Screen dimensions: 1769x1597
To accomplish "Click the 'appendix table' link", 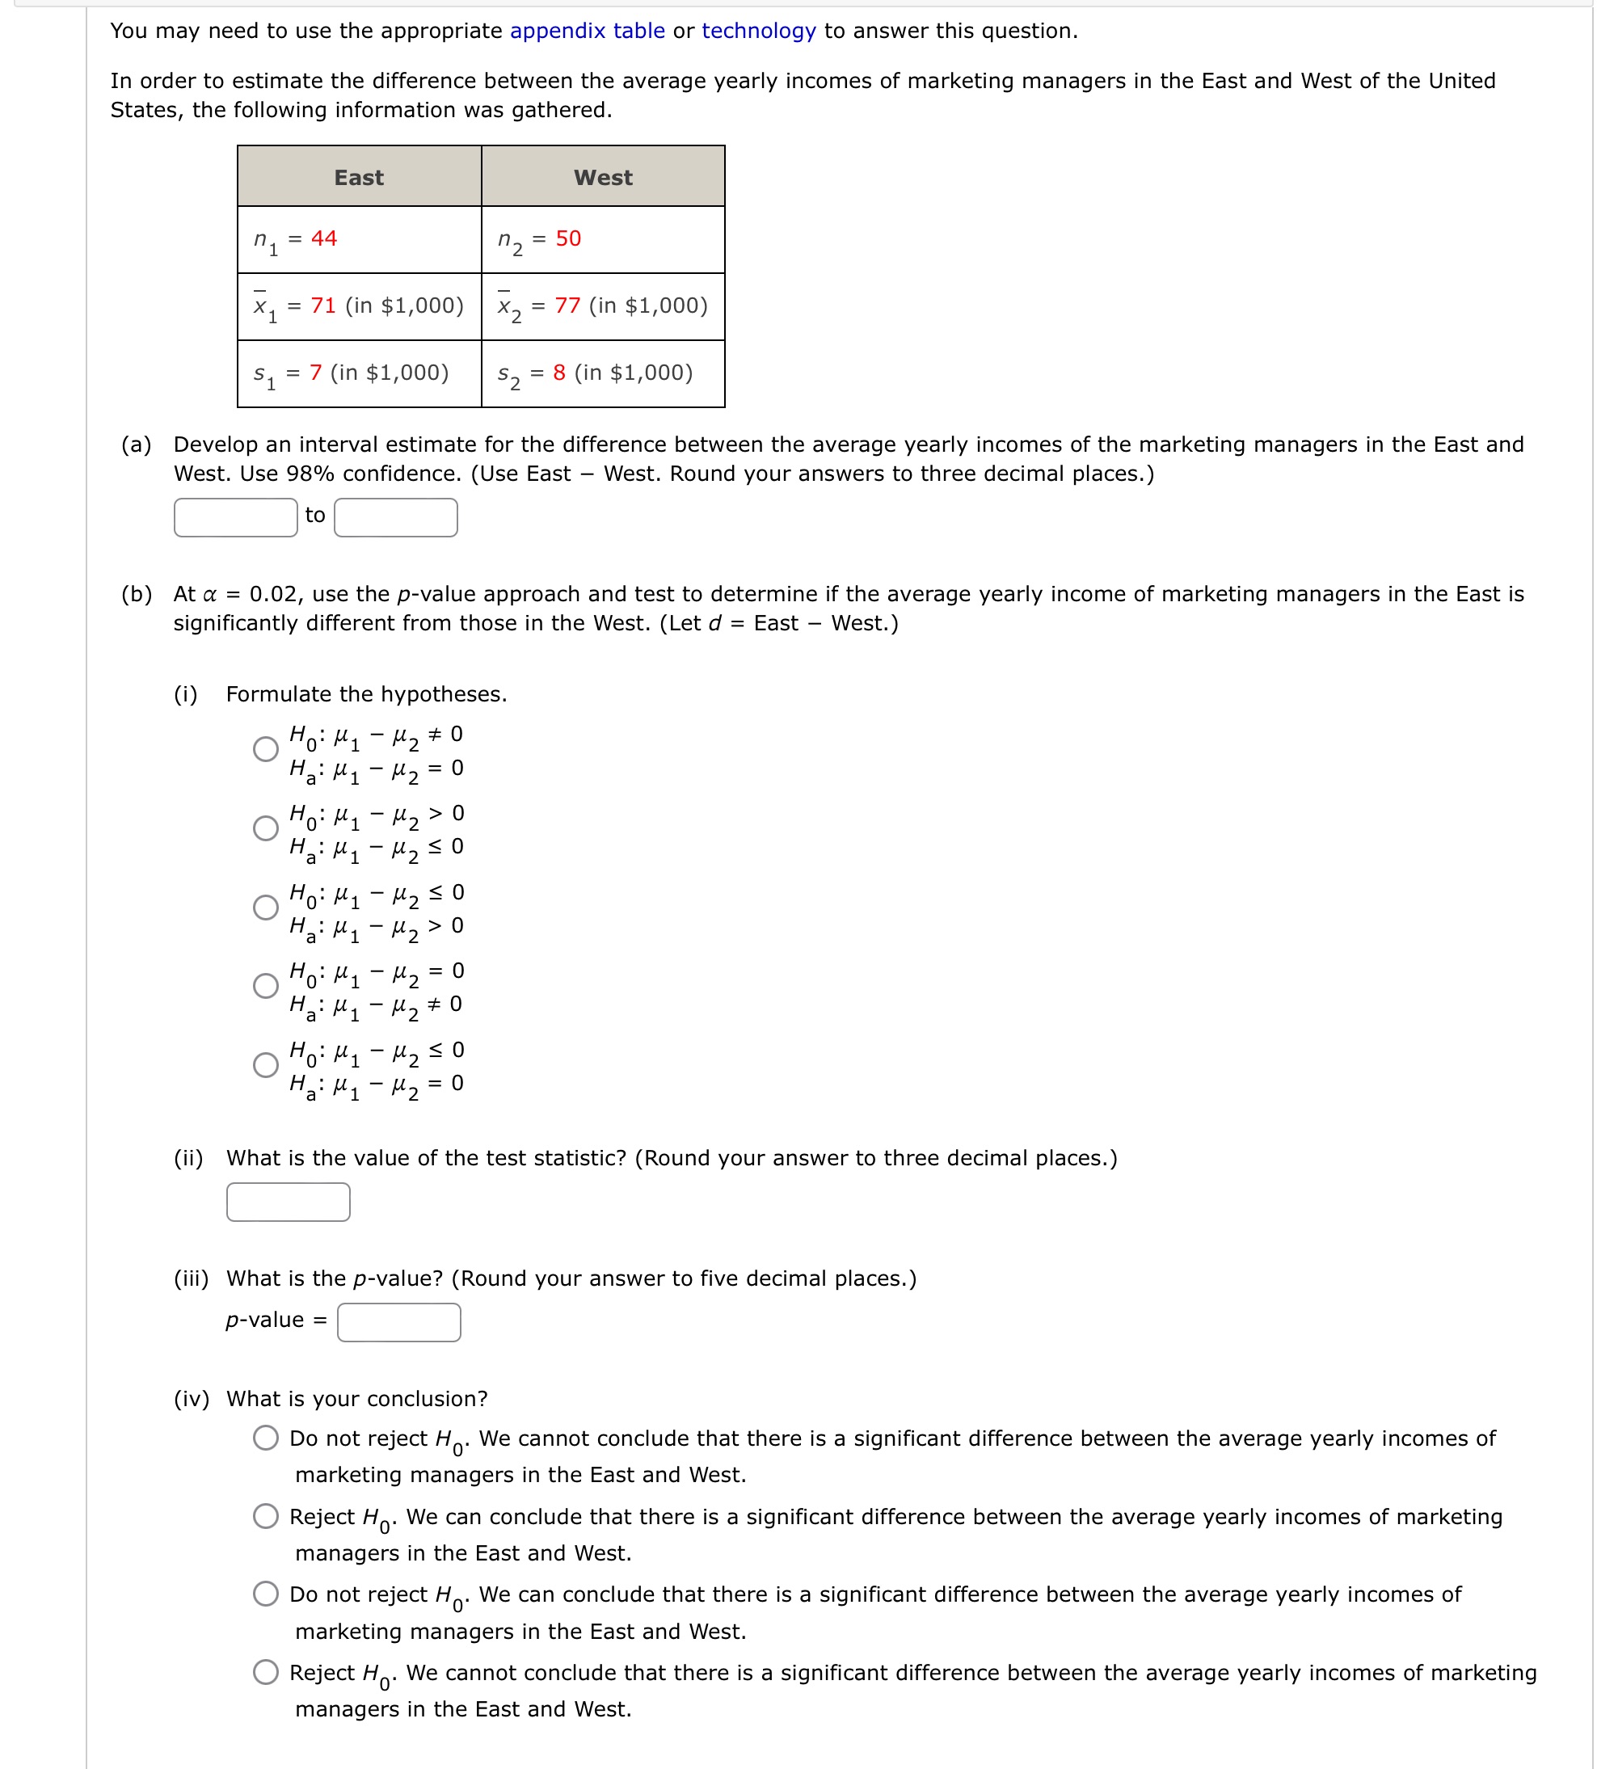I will tap(587, 31).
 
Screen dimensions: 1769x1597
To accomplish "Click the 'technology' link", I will tap(759, 31).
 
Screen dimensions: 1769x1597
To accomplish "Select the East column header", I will tap(359, 177).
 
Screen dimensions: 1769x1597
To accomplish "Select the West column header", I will tap(603, 177).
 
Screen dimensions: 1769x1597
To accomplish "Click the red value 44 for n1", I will tap(324, 238).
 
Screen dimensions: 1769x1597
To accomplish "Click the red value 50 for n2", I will tap(567, 238).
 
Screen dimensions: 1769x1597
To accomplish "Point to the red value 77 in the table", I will tap(567, 305).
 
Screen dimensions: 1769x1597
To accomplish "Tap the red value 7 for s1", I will tap(316, 372).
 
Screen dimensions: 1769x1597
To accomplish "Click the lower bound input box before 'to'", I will tap(235, 517).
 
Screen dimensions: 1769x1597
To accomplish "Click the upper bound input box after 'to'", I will tap(395, 517).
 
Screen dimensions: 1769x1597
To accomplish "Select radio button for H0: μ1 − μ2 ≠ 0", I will tap(266, 748).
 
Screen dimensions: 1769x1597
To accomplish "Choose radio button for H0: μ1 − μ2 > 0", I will tap(266, 828).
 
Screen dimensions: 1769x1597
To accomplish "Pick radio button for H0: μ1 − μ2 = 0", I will tap(266, 985).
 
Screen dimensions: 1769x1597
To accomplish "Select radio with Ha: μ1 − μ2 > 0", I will tap(266, 907).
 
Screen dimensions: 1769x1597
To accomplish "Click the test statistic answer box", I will tap(288, 1201).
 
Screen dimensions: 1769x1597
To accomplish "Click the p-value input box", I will tap(398, 1321).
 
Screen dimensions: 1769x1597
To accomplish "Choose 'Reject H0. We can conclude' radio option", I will tap(266, 1515).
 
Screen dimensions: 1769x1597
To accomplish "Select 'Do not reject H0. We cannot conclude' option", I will tap(266, 1438).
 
